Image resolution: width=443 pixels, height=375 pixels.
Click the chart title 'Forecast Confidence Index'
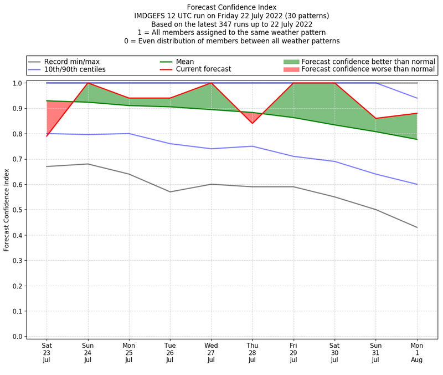click(231, 7)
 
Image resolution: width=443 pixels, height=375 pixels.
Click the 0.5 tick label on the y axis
click(17, 210)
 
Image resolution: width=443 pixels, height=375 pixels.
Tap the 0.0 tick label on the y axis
click(17, 337)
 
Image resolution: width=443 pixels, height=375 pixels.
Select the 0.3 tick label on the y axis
click(17, 261)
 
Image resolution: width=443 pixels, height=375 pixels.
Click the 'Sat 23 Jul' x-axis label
click(47, 352)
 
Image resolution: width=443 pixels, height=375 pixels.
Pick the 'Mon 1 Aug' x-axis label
click(417, 352)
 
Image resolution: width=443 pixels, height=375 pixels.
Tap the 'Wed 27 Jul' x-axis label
click(211, 352)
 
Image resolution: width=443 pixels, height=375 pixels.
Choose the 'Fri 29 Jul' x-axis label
click(293, 352)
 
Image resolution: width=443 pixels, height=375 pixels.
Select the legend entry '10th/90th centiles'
click(75, 69)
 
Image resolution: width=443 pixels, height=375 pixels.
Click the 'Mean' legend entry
click(184, 62)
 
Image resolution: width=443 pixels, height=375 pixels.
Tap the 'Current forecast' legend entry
click(203, 69)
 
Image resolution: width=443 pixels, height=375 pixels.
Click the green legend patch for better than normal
click(291, 62)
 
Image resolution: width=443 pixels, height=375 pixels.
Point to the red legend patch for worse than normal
click(291, 69)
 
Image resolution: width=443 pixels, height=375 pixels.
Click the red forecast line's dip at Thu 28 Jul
click(253, 123)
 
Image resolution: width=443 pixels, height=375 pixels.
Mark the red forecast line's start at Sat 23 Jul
click(47, 136)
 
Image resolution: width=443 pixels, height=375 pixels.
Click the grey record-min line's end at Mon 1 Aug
click(417, 227)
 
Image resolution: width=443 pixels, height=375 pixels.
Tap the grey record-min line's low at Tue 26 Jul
click(170, 192)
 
